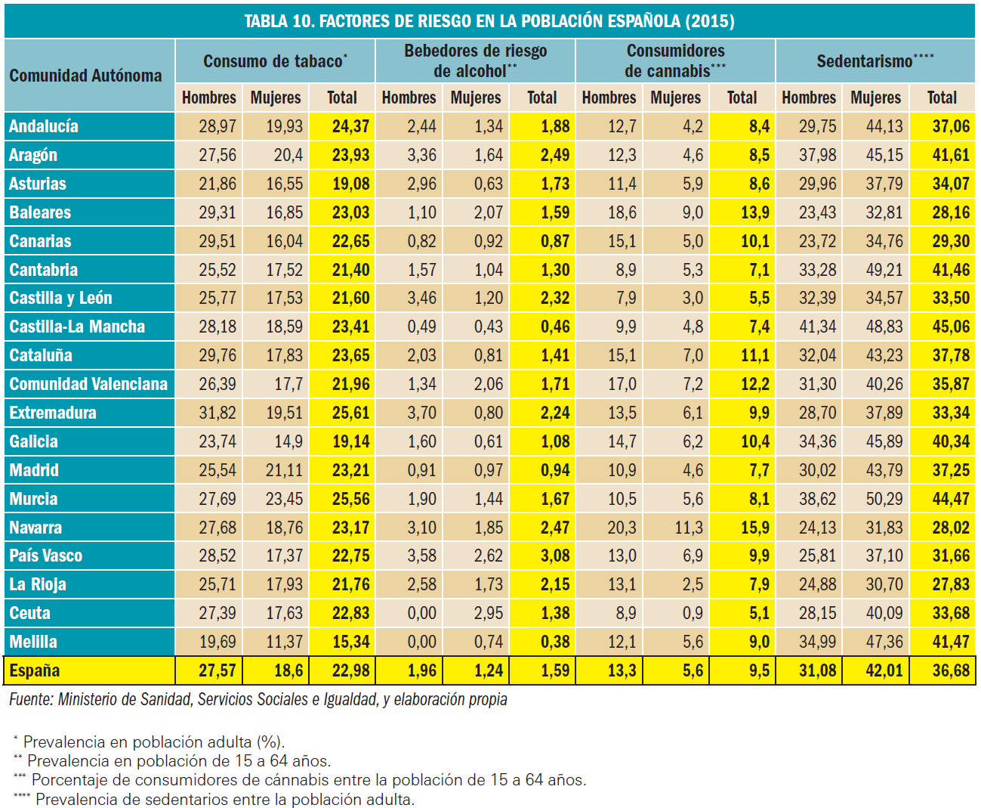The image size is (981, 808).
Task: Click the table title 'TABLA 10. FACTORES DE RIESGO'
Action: click(489, 20)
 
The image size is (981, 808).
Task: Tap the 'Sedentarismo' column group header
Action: click(875, 61)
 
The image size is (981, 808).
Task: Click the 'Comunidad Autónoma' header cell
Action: click(85, 76)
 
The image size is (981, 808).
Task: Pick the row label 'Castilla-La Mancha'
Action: click(77, 327)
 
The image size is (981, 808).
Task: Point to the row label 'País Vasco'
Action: click(45, 556)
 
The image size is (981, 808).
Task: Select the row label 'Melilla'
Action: click(33, 642)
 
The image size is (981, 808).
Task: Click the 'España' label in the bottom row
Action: click(35, 670)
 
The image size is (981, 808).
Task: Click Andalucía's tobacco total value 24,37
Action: click(350, 126)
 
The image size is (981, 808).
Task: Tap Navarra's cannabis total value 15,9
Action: click(754, 528)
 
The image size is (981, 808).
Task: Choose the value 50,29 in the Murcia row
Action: click(884, 499)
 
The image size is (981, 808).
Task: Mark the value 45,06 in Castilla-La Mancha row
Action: click(950, 327)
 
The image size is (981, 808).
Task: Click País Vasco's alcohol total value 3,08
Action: click(554, 556)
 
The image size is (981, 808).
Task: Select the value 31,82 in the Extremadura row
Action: click(217, 413)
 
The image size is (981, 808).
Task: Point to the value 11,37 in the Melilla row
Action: click(284, 642)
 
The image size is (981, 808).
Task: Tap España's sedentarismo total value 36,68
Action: click(950, 670)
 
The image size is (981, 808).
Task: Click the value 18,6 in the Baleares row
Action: click(622, 212)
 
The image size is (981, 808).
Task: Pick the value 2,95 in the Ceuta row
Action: click(488, 613)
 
